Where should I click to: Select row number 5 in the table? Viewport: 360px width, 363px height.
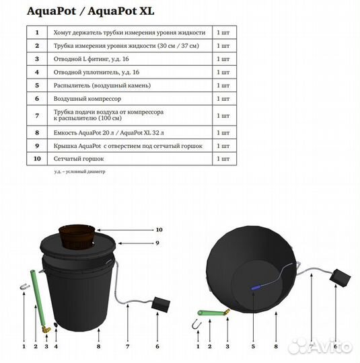[37, 85]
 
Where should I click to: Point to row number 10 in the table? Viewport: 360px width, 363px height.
[37, 159]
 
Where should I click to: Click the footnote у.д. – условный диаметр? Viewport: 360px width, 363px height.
[80, 172]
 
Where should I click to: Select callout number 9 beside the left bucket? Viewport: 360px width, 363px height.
[157, 242]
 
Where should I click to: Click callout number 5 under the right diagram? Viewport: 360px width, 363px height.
[252, 347]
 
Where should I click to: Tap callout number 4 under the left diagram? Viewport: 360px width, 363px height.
[57, 347]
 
